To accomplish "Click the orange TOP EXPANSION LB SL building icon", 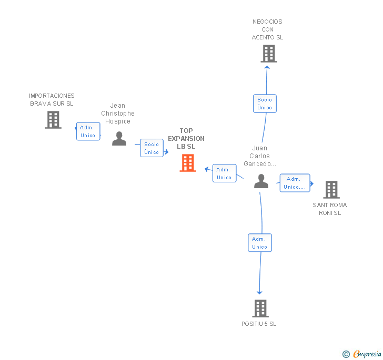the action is coord(188,163).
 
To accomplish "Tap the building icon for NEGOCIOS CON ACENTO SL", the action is coord(269,54).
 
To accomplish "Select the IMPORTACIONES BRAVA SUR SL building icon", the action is coord(53,120).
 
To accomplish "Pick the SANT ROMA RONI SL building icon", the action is coord(331,190).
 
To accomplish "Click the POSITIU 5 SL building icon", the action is coord(260,308).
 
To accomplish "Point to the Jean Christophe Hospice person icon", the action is coord(119,139).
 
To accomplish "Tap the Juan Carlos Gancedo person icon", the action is coord(261,181).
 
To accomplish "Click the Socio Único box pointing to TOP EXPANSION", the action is coord(152,148).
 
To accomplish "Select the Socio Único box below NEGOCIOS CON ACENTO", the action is coord(265,104).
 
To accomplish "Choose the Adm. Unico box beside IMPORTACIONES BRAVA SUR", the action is coord(88,131).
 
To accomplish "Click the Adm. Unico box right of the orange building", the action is coord(225,173).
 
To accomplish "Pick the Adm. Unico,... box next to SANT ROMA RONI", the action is coord(295,183).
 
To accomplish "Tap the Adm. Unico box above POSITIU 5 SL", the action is coord(260,243).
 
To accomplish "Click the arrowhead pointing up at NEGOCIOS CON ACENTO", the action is coord(267,67).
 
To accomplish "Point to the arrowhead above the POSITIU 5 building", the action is coord(259,293).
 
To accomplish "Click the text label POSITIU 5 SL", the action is coord(259,324).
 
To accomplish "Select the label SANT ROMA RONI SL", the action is coord(330,209).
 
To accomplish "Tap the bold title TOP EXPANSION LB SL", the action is coord(186,139).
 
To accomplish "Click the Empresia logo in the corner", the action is coord(362,354).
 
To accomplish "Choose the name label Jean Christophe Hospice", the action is coord(118,114).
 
